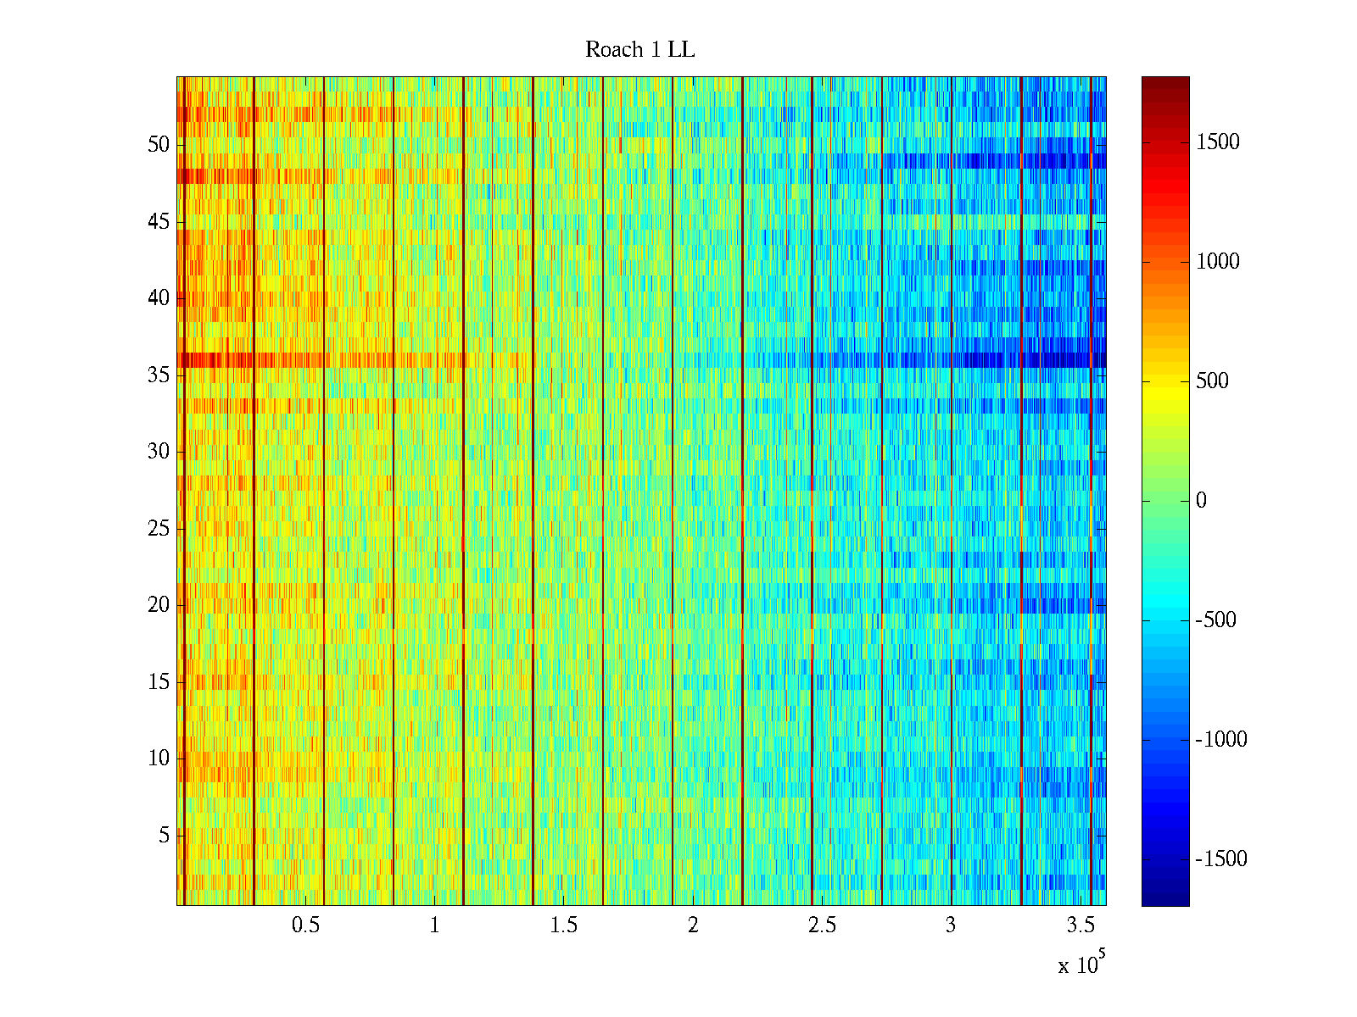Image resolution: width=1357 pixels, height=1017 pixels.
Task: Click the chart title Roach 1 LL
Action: tap(639, 50)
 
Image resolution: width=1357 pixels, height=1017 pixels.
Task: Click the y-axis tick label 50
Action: tap(159, 145)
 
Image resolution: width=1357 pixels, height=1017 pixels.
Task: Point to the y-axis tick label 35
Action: tap(159, 375)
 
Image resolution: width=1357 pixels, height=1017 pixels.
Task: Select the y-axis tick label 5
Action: tap(164, 836)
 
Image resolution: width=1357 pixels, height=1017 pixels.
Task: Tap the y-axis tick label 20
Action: tap(159, 605)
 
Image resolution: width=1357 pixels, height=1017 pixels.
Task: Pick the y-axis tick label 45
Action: tap(159, 222)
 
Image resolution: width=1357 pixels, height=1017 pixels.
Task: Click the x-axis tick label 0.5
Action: tap(305, 925)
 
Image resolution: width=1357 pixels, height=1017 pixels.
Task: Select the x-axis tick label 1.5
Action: tap(563, 925)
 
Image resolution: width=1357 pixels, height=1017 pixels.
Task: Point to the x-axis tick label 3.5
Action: tap(1080, 925)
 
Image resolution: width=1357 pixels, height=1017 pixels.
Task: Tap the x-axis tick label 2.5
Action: tap(822, 925)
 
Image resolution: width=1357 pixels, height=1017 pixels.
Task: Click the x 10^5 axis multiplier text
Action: tap(1081, 964)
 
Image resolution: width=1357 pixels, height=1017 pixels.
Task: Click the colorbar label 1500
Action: tap(1218, 142)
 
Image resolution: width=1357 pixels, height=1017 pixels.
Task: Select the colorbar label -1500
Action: tap(1221, 859)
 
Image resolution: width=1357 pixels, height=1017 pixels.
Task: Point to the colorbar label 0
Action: tap(1201, 501)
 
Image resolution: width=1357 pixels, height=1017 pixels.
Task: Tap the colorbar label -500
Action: tap(1216, 620)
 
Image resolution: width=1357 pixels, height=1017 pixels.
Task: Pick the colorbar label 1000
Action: tap(1218, 262)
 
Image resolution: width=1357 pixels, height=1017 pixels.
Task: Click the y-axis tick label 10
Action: tap(159, 759)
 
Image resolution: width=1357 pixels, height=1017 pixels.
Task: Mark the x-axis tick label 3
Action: tap(951, 925)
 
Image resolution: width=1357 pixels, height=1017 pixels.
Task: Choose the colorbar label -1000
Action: tap(1221, 740)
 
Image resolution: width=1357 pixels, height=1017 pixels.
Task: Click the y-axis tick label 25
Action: tap(159, 529)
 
